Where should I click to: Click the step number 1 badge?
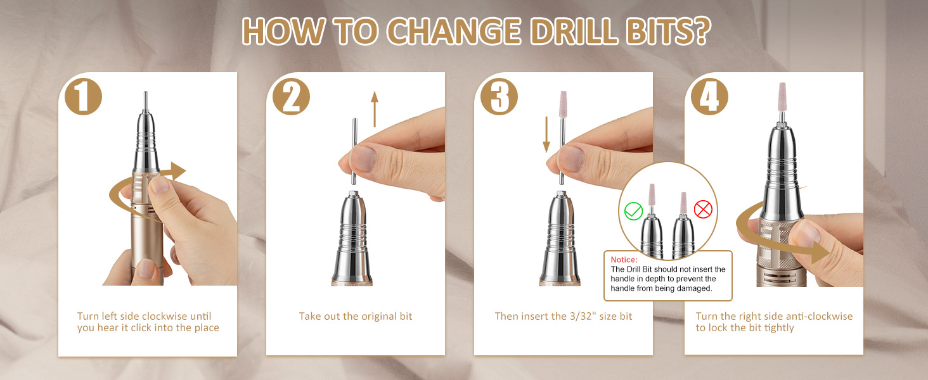[83, 96]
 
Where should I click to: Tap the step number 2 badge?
[291, 96]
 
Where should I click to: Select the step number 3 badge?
[499, 96]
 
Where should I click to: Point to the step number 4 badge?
[710, 96]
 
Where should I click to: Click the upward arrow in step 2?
[375, 109]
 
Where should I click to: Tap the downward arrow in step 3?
[546, 134]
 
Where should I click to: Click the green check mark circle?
[633, 211]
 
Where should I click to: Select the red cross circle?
[703, 210]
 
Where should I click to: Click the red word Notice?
[624, 260]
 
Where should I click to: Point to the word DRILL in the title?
[575, 32]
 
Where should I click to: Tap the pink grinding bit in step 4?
[782, 97]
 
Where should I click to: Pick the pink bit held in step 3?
[564, 104]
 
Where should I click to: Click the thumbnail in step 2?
[364, 159]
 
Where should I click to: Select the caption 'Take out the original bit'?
[356, 316]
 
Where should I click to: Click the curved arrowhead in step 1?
[177, 170]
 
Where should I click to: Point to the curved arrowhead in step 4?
[820, 251]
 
